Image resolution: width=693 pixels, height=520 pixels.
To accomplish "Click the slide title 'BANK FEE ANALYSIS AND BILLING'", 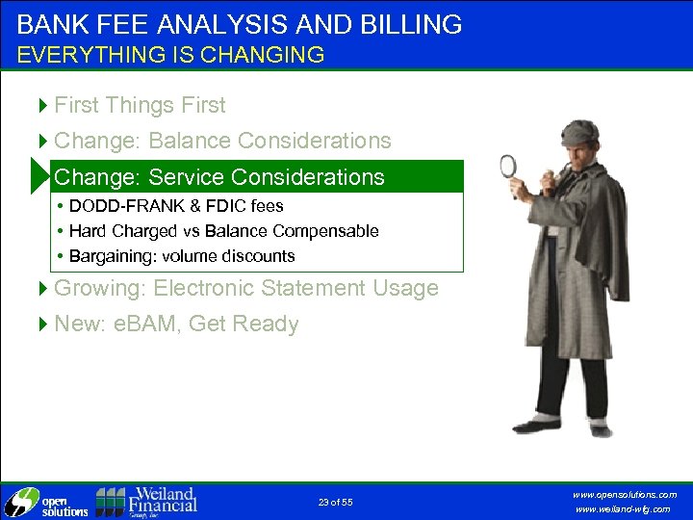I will click(x=239, y=24).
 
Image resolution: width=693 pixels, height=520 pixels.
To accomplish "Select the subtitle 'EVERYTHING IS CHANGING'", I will click(x=170, y=55).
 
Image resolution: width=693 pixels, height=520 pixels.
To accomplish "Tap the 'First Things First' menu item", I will click(x=140, y=105).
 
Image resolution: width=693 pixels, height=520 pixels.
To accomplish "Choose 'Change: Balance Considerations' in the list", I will click(x=222, y=141).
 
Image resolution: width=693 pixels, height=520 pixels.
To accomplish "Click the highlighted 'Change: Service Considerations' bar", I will click(x=219, y=177).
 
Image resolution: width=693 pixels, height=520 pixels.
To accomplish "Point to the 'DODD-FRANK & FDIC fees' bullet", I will click(x=176, y=206).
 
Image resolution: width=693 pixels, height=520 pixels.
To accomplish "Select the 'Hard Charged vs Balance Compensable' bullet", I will click(x=223, y=231).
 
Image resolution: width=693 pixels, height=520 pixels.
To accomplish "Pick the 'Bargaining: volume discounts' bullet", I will click(x=182, y=256).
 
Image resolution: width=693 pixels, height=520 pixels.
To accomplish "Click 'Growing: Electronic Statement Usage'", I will click(x=245, y=288).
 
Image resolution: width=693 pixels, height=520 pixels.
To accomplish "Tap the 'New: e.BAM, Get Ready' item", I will click(x=176, y=324).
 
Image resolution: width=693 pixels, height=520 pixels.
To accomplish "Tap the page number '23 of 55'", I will click(x=335, y=503).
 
